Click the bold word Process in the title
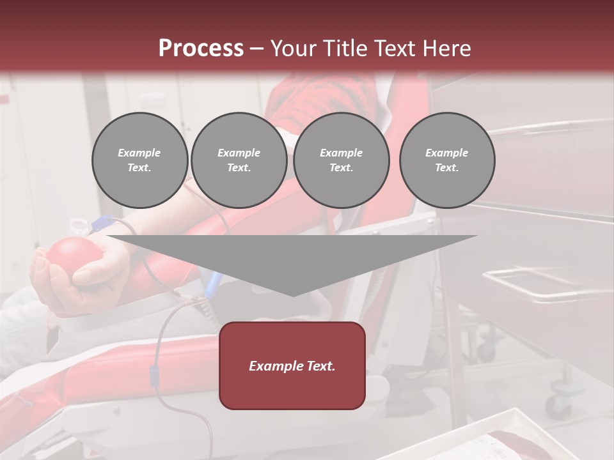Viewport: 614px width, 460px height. click(201, 48)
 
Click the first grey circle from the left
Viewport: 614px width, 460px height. click(139, 160)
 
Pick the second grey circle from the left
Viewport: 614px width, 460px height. click(239, 160)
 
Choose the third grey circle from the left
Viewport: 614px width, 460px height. click(341, 160)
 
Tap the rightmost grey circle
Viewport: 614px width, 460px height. click(446, 160)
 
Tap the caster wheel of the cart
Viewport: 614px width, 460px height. click(558, 402)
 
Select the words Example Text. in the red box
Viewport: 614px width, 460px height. click(292, 366)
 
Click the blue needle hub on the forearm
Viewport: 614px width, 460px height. click(102, 222)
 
